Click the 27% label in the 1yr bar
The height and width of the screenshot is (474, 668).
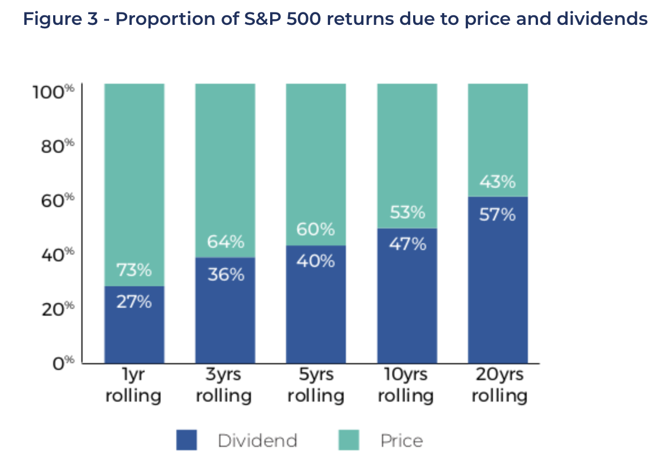[134, 302]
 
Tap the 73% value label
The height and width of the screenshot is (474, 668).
[134, 271]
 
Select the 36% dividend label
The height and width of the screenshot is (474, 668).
[225, 275]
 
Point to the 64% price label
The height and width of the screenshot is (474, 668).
[225, 242]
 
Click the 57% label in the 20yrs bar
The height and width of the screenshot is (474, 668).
[497, 215]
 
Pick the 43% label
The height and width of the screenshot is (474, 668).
[497, 182]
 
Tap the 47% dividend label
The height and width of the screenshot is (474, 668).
[407, 245]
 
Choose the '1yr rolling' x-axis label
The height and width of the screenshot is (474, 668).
[134, 385]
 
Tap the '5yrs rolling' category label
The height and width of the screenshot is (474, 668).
[315, 385]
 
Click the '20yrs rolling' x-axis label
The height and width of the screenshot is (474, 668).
[498, 385]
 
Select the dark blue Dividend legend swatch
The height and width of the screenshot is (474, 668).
[186, 440]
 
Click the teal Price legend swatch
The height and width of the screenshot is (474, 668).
[348, 440]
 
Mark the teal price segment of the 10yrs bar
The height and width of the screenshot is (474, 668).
[407, 147]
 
